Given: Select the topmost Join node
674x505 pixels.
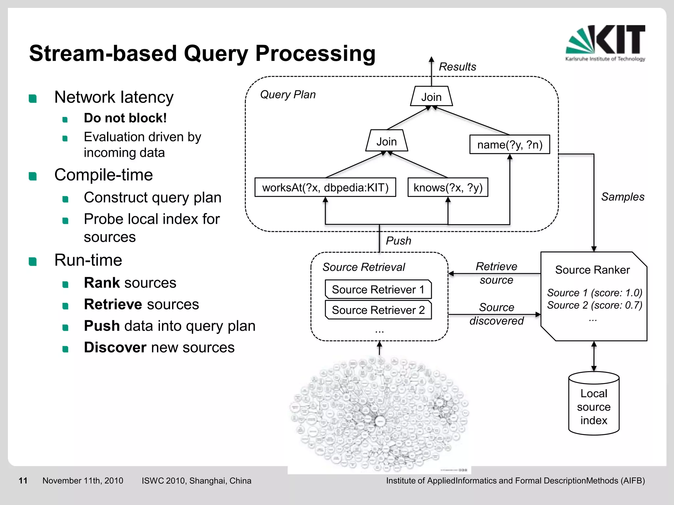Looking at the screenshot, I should [x=431, y=97].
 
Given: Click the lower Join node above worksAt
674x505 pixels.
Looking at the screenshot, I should [x=386, y=141].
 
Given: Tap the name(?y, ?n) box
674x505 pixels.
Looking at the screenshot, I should [x=509, y=144].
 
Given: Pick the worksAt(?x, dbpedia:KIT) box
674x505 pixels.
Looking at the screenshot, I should [x=325, y=187].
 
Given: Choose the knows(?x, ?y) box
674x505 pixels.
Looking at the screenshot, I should [x=448, y=187].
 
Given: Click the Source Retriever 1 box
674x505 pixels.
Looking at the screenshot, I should [x=378, y=289].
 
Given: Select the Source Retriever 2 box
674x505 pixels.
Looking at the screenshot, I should [x=378, y=310].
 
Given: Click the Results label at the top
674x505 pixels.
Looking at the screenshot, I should [x=457, y=67].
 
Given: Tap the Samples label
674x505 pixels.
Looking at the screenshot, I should [x=622, y=197].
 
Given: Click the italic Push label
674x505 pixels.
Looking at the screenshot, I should [x=398, y=241].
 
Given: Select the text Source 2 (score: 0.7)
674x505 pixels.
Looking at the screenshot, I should [x=594, y=305].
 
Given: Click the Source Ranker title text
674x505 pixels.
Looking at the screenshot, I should [x=592, y=270].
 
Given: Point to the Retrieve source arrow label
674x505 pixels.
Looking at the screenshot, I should [x=496, y=273].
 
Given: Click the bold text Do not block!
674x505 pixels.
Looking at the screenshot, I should [x=125, y=118].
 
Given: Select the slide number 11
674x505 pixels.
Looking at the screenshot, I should [x=23, y=481].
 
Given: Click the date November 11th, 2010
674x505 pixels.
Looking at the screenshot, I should [x=83, y=481].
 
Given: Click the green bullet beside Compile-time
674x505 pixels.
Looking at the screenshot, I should [x=33, y=176].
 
